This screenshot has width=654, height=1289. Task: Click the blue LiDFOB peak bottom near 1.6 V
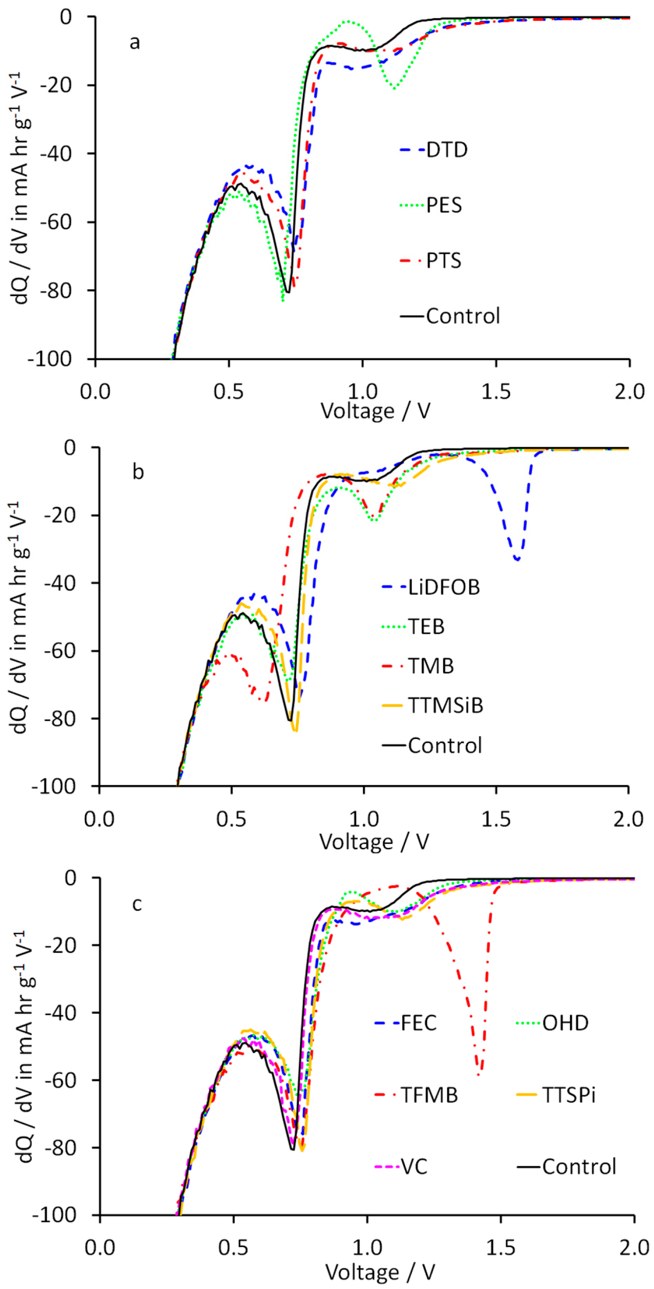point(518,559)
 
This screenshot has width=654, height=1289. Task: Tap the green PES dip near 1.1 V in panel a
point(395,89)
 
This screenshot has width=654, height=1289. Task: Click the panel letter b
point(138,472)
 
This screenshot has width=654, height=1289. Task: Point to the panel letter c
point(137,904)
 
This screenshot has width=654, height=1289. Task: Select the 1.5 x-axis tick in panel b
point(496,819)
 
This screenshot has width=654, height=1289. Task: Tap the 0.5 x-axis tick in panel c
point(233,1248)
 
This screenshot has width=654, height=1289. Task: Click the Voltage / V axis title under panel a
point(375,412)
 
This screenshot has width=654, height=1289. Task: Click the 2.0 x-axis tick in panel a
point(629,391)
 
